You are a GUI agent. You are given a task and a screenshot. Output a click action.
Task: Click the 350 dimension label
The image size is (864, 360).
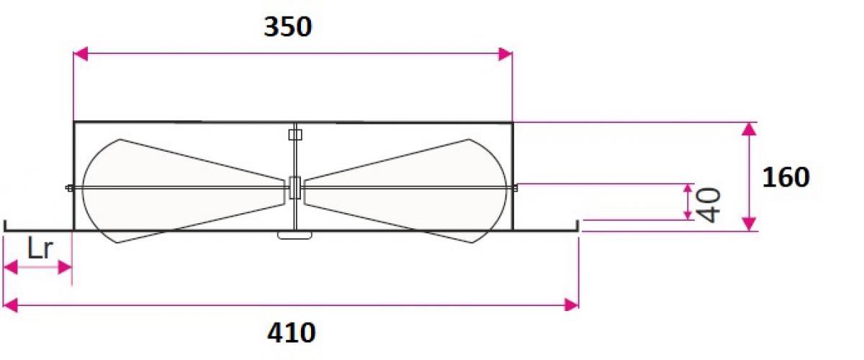coord(288,27)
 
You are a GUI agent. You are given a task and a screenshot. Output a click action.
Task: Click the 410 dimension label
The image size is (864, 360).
coord(292,333)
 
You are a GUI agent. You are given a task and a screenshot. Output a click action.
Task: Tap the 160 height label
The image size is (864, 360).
coord(786,178)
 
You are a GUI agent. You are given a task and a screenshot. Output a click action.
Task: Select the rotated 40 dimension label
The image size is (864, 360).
coord(709,205)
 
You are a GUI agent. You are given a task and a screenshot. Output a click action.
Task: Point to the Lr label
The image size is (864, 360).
coord(40,248)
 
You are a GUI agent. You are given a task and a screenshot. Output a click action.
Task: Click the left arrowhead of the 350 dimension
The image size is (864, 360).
coord(80,54)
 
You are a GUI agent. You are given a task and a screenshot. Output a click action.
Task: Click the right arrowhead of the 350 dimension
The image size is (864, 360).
coord(505,54)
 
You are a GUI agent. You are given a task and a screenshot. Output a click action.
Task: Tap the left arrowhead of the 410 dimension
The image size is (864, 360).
coord(10,305)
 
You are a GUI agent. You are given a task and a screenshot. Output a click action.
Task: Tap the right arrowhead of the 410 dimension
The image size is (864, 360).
coord(572,305)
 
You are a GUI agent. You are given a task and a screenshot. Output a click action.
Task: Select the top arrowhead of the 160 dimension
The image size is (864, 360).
coord(749,129)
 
